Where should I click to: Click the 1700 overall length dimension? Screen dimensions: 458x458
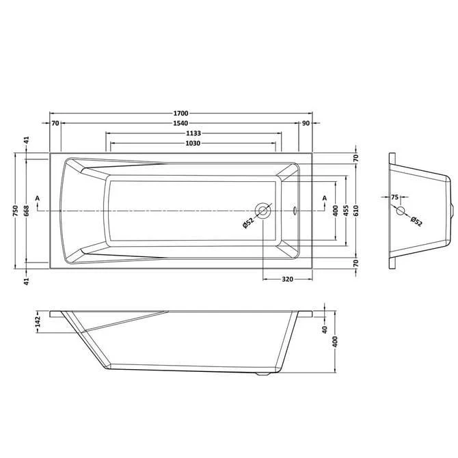click(181, 113)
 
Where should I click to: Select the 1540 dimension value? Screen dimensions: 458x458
click(181, 123)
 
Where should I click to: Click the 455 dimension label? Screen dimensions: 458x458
click(347, 211)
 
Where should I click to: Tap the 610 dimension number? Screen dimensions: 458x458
click(357, 211)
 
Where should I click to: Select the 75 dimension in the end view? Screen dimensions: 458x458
click(395, 198)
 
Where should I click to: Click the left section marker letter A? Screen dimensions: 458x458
click(38, 198)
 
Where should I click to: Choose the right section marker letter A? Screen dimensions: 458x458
click(323, 198)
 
